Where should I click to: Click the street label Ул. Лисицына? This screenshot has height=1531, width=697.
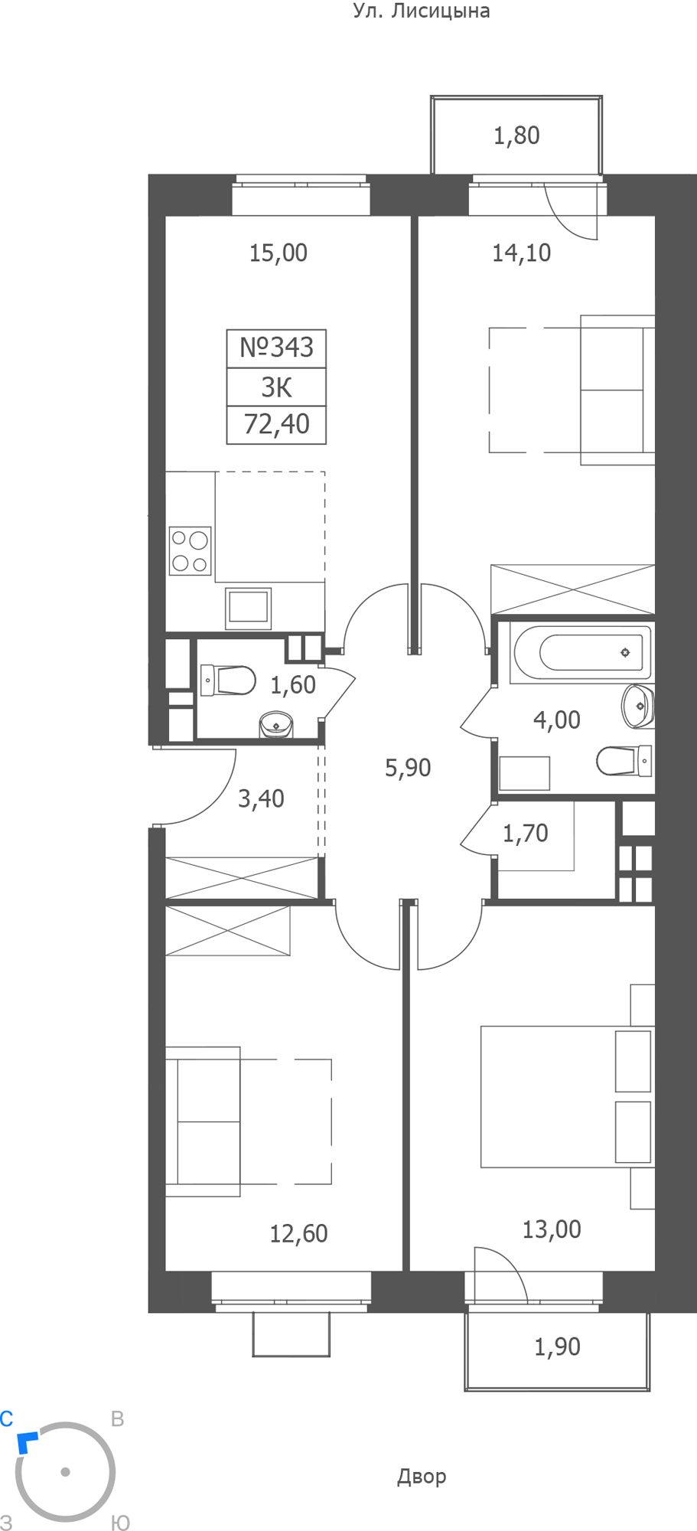click(422, 11)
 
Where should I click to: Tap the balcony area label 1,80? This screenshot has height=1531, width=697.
click(516, 135)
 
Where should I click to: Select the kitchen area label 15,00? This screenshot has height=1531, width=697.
click(278, 253)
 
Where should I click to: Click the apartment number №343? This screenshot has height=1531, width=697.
click(276, 348)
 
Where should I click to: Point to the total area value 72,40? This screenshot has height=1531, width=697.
click(276, 423)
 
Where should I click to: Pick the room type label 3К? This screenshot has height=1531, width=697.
click(276, 387)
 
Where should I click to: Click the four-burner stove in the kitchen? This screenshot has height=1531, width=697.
click(190, 550)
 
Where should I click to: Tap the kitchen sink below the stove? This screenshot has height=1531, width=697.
click(248, 609)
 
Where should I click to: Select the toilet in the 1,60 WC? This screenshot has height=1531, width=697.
click(227, 680)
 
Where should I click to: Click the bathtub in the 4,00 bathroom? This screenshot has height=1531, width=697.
click(581, 653)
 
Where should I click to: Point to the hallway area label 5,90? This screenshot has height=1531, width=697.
click(408, 767)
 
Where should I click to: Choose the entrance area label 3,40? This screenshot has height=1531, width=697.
click(261, 798)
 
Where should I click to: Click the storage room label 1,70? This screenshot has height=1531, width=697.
click(525, 833)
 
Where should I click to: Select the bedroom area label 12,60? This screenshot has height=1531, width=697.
click(298, 1233)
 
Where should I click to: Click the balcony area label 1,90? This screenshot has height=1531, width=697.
click(557, 1347)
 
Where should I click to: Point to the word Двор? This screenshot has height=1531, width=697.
click(422, 1477)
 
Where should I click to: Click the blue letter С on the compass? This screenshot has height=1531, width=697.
click(7, 1419)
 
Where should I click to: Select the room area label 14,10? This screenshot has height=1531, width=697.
click(521, 253)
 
